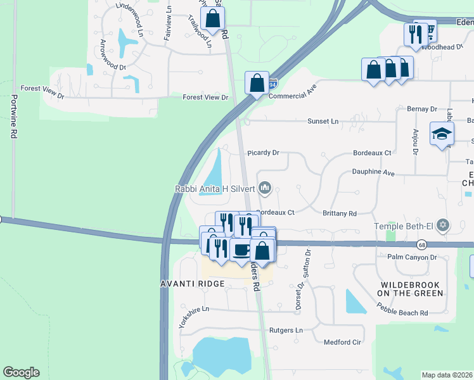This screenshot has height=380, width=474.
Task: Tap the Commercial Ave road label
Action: pyautogui.click(x=292, y=92)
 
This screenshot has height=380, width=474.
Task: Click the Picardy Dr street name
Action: pyautogui.click(x=264, y=153)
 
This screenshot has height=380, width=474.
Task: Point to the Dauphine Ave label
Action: pyautogui.click(x=373, y=172)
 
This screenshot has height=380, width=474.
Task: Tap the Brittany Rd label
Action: pyautogui.click(x=340, y=214)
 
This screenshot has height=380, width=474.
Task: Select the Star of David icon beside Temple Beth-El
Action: pyautogui.click(x=443, y=225)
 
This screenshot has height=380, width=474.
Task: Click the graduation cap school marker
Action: pyautogui.click(x=442, y=134)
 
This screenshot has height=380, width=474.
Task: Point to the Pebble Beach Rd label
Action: pyautogui.click(x=402, y=313)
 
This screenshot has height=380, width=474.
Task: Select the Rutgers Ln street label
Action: pyautogui.click(x=286, y=331)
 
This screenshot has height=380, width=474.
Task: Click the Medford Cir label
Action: pyautogui.click(x=342, y=342)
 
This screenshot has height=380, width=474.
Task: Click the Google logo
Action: pyautogui.click(x=21, y=372)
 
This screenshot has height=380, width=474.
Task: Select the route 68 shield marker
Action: pyautogui.click(x=422, y=244)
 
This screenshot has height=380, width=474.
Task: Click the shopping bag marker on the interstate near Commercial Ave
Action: pyautogui.click(x=257, y=83)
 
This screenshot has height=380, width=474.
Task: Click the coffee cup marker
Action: pyautogui.click(x=241, y=249)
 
